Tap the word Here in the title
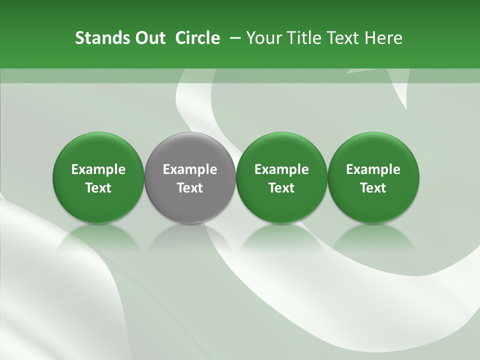[383, 38]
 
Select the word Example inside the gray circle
[190, 170]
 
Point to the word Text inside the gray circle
[190, 188]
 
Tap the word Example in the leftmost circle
[98, 170]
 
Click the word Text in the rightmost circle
[373, 188]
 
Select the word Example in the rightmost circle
[373, 170]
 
